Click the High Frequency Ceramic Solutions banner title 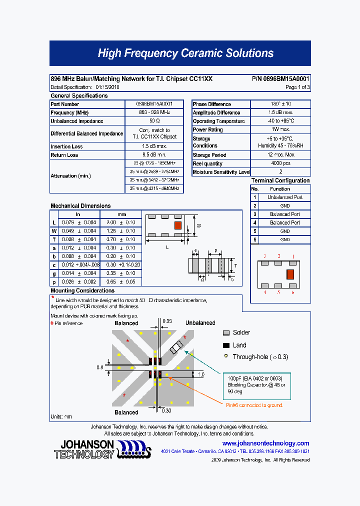click(185, 53)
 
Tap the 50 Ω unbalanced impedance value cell click(154, 121)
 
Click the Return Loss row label click(64, 155)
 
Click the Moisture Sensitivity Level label click(221, 172)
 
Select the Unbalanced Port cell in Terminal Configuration click(285, 197)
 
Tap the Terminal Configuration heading click(280, 180)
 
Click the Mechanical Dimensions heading click(80, 206)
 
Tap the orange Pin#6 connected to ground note click(254, 405)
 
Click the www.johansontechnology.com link click(265, 443)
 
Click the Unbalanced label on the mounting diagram click(200, 323)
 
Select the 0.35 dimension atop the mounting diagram click(166, 321)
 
